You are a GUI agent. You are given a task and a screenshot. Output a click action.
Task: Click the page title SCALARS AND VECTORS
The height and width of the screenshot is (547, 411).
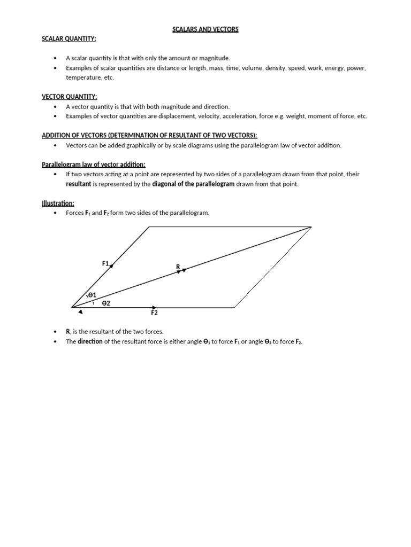[x=205, y=29]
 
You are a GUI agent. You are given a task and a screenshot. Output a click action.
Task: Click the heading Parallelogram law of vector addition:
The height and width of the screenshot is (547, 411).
[x=94, y=164]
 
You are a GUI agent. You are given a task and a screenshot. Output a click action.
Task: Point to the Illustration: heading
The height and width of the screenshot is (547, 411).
[x=58, y=202]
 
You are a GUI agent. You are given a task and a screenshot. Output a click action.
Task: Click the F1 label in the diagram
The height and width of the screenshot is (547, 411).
[x=105, y=263]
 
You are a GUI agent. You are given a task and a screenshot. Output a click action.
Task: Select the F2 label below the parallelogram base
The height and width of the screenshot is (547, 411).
[x=154, y=313]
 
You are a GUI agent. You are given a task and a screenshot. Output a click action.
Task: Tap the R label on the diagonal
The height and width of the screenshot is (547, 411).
[x=178, y=266]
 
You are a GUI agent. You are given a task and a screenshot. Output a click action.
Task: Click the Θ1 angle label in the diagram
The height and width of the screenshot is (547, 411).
[x=92, y=295]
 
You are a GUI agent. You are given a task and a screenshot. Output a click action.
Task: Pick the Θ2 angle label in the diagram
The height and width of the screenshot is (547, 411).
[x=105, y=303]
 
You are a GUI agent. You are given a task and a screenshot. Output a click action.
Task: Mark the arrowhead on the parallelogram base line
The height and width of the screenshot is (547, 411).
[x=154, y=307]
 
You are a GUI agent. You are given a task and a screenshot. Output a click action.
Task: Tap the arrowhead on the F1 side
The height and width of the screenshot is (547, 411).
[x=111, y=265]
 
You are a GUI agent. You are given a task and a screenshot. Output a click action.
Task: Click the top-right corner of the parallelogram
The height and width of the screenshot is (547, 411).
[x=311, y=226]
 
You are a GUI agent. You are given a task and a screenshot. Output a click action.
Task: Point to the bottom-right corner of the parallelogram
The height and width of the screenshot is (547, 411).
[x=234, y=308]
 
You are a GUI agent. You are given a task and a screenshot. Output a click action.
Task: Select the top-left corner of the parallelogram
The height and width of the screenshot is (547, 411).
[x=149, y=226]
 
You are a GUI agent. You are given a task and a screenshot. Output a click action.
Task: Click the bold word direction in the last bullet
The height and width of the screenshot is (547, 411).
[x=90, y=341]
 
